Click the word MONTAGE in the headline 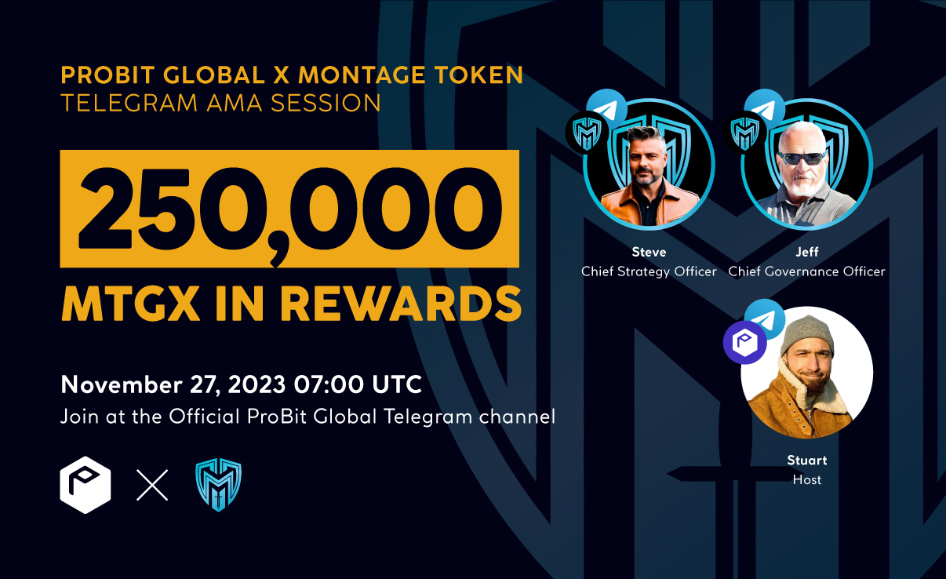tap(362, 75)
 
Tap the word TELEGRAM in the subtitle tap(129, 103)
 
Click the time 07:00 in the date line tap(329, 384)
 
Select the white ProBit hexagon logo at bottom tap(86, 485)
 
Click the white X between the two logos tap(152, 485)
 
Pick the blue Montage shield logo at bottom tap(218, 485)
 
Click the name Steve tap(649, 252)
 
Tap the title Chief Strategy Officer tap(649, 271)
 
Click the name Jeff tap(807, 252)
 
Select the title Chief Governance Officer tap(806, 271)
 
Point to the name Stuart tap(807, 461)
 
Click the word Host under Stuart tap(807, 480)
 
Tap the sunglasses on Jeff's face tap(802, 158)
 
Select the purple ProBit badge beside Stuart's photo tap(745, 342)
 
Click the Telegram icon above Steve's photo tap(607, 109)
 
